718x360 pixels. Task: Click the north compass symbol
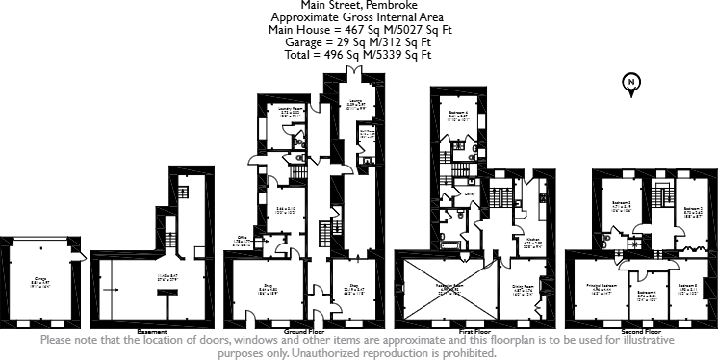point(630,84)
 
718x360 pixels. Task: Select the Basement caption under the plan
point(152,331)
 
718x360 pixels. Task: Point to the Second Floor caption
point(639,331)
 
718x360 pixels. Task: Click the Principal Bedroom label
point(602,286)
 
